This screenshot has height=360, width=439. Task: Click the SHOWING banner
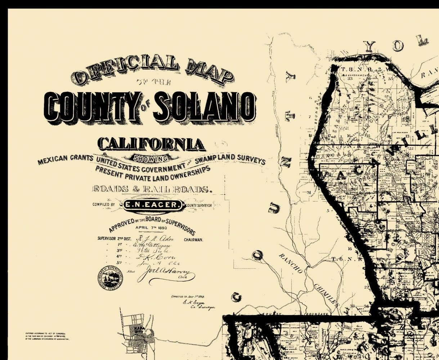(151, 157)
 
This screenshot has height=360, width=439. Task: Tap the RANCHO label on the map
(290, 263)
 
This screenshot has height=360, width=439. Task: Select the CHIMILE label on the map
(325, 293)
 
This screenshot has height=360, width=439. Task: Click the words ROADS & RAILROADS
(151, 189)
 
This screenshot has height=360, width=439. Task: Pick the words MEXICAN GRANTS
(66, 159)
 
